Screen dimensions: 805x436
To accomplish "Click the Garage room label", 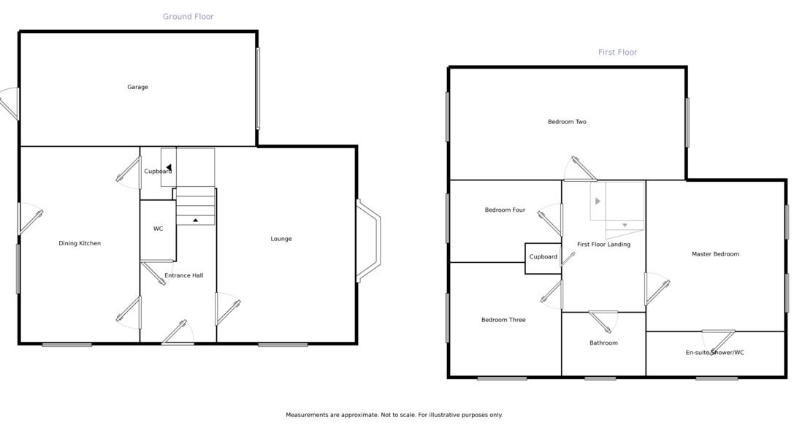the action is pos(137,88).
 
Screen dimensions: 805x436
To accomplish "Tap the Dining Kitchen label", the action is pos(80,243).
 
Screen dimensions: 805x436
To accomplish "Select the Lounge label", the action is pos(281,239).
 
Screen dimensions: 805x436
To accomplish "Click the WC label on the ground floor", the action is pos(158,229).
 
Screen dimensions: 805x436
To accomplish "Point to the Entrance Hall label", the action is pos(184,275).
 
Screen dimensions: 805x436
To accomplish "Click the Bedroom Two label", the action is pos(567,122).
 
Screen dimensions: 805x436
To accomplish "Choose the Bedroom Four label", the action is pos(505,210).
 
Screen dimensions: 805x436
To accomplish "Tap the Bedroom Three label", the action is pos(503,320).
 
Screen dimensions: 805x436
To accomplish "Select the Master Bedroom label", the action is pos(715,253).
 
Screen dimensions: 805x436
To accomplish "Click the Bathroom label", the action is pos(603,343).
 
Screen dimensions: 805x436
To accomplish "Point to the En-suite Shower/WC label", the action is pos(714,352).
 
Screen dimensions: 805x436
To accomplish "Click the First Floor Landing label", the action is pos(603,245).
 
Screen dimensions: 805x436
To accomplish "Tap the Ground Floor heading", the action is pos(188,17).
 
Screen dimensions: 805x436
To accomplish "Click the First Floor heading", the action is pos(617,52).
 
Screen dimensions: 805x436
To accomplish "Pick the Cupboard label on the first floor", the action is pos(543,257).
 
